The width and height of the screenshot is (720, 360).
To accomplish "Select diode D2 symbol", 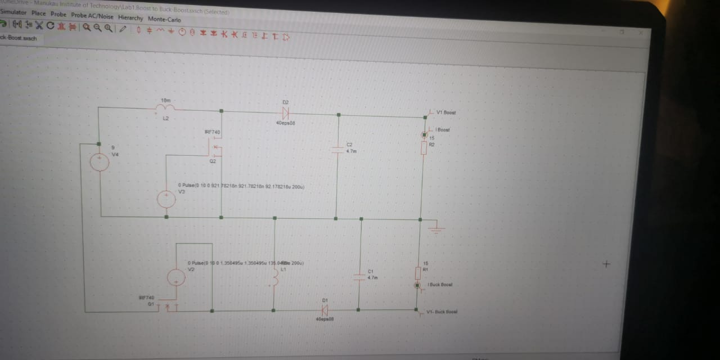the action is pyautogui.click(x=285, y=112).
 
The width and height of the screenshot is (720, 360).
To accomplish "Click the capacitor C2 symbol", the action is pyautogui.click(x=337, y=150).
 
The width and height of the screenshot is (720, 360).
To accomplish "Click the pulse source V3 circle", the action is pyautogui.click(x=166, y=199).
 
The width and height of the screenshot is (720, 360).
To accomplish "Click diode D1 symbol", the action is pyautogui.click(x=325, y=310).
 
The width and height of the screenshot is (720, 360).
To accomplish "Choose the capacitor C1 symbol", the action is pyautogui.click(x=359, y=276).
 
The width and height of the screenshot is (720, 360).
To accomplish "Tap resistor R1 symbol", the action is pyautogui.click(x=418, y=271).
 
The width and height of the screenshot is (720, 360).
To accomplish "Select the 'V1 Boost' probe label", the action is pyautogui.click(x=446, y=113).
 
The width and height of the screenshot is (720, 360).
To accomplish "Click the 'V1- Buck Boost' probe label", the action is pyautogui.click(x=442, y=312).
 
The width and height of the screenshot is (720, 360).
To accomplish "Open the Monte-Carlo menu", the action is pyautogui.click(x=164, y=19).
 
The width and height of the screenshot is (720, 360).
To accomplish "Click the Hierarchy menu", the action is pyautogui.click(x=130, y=17).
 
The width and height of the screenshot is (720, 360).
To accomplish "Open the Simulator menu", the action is pyautogui.click(x=13, y=12).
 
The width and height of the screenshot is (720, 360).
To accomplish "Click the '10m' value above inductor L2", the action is pyautogui.click(x=165, y=100).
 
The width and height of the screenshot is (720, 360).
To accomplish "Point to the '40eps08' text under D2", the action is pyautogui.click(x=285, y=122).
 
